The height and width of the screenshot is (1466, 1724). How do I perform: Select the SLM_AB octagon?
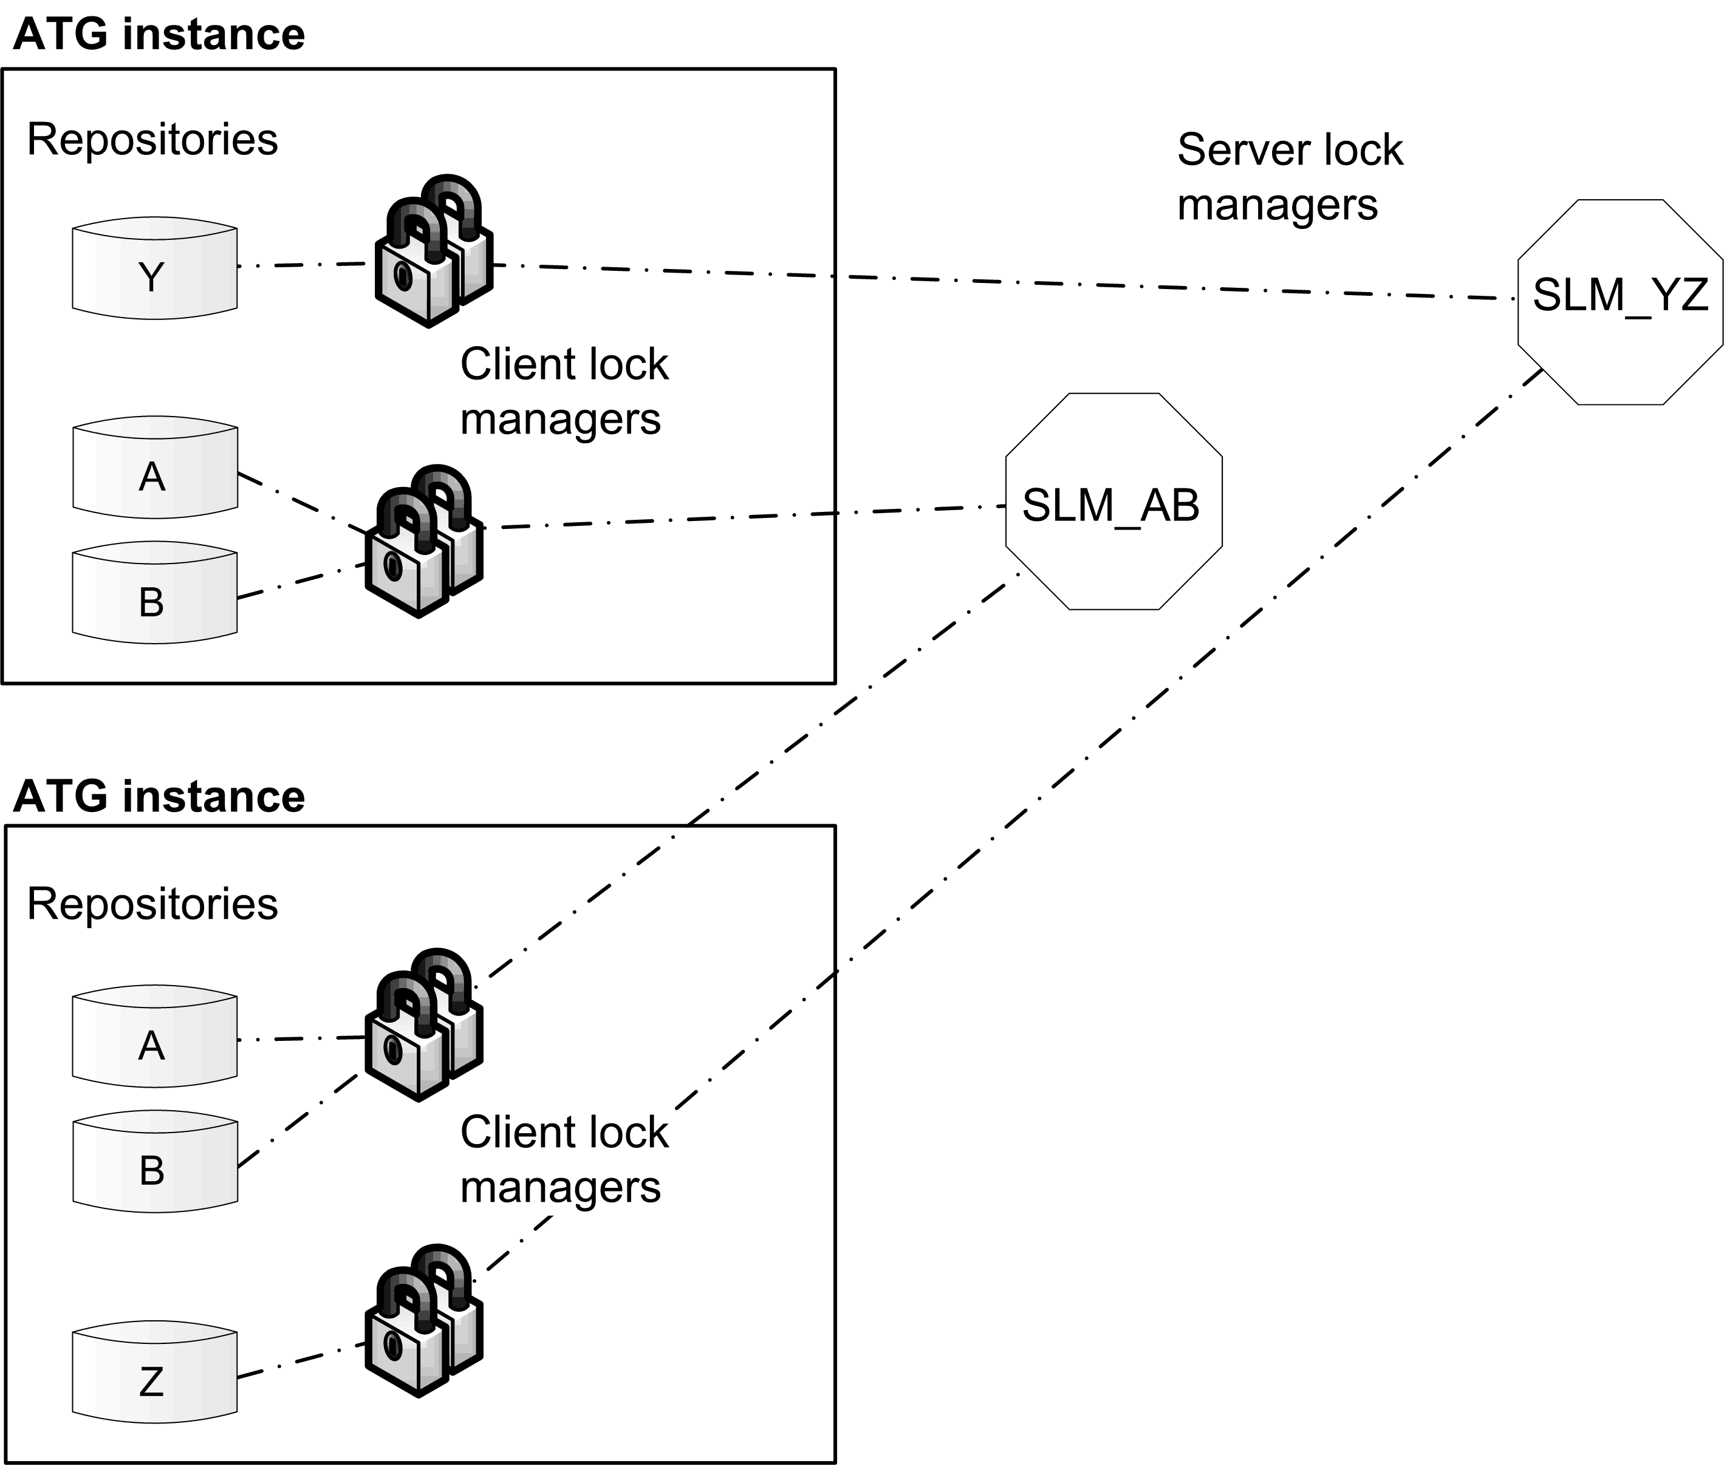(x=1113, y=502)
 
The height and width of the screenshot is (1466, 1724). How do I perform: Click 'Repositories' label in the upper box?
(x=152, y=139)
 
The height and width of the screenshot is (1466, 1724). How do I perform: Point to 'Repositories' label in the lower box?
(x=152, y=904)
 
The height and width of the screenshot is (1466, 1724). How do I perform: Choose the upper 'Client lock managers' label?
(x=564, y=390)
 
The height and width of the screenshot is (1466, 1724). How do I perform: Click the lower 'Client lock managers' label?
(x=564, y=1159)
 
